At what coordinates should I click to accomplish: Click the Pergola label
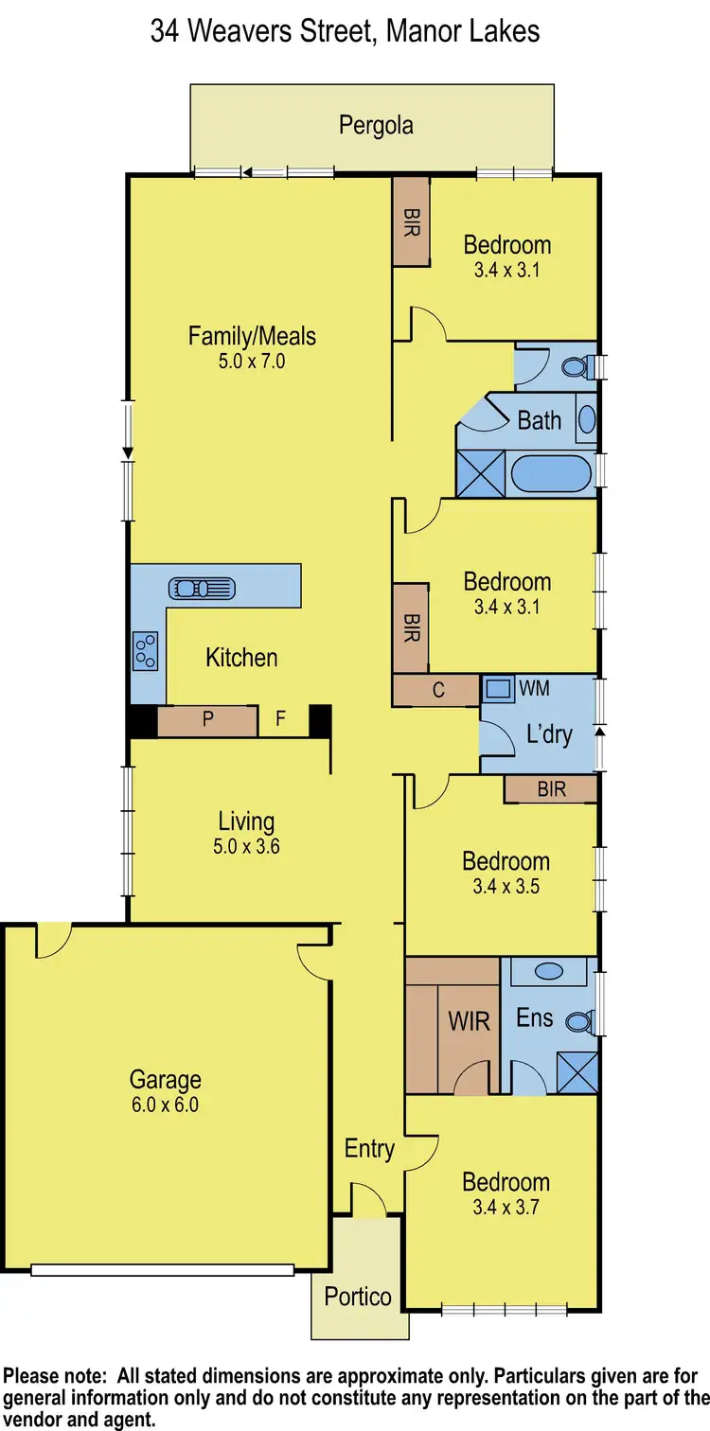tap(376, 126)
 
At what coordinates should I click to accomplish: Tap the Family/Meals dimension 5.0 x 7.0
tap(252, 361)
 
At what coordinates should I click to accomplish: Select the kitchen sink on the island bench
tap(202, 589)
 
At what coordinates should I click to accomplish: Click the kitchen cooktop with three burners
tap(146, 650)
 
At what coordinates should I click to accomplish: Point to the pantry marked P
tap(207, 720)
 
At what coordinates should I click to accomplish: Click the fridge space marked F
tap(280, 719)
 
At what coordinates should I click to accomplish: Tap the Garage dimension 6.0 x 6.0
tap(166, 1104)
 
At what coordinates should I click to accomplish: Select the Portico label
tap(358, 1296)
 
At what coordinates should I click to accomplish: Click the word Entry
tap(369, 1149)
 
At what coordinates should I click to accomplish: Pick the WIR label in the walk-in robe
tap(469, 1021)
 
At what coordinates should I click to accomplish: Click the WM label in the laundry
tap(534, 688)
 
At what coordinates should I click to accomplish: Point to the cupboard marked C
tap(438, 690)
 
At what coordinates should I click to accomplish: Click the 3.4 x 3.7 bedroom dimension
tap(506, 1207)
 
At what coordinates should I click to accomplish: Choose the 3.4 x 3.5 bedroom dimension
tap(506, 887)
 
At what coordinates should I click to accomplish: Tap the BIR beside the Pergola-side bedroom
tap(411, 221)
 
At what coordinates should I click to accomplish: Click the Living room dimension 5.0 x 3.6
tap(246, 847)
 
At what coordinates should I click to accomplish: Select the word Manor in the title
tap(418, 30)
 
